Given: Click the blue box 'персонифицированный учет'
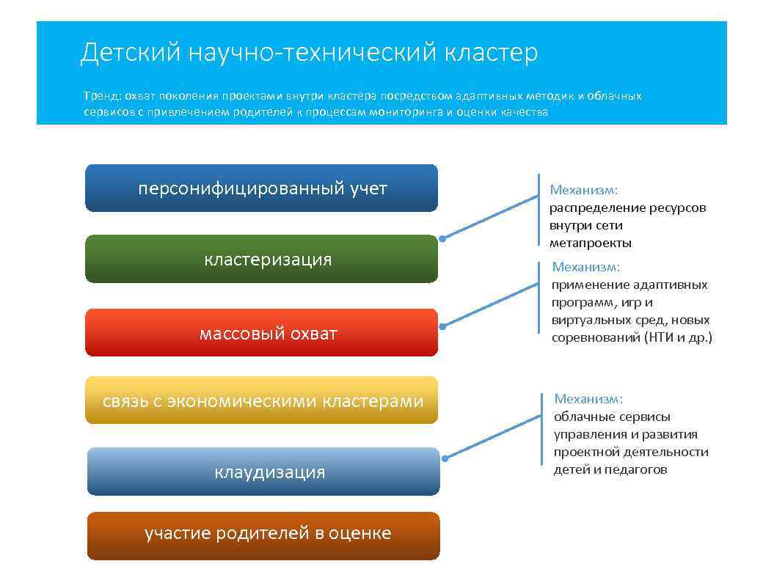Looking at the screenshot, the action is (262, 188).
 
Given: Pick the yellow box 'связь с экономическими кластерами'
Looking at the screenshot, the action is (262, 400).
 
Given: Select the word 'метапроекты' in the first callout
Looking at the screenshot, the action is (591, 243).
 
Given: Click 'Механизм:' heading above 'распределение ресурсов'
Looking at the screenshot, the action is (584, 190).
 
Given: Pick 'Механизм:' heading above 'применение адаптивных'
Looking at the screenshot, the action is (586, 267).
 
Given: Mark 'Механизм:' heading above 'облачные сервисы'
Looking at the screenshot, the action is (588, 399).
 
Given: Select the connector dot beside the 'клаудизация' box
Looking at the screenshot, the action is (445, 458).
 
